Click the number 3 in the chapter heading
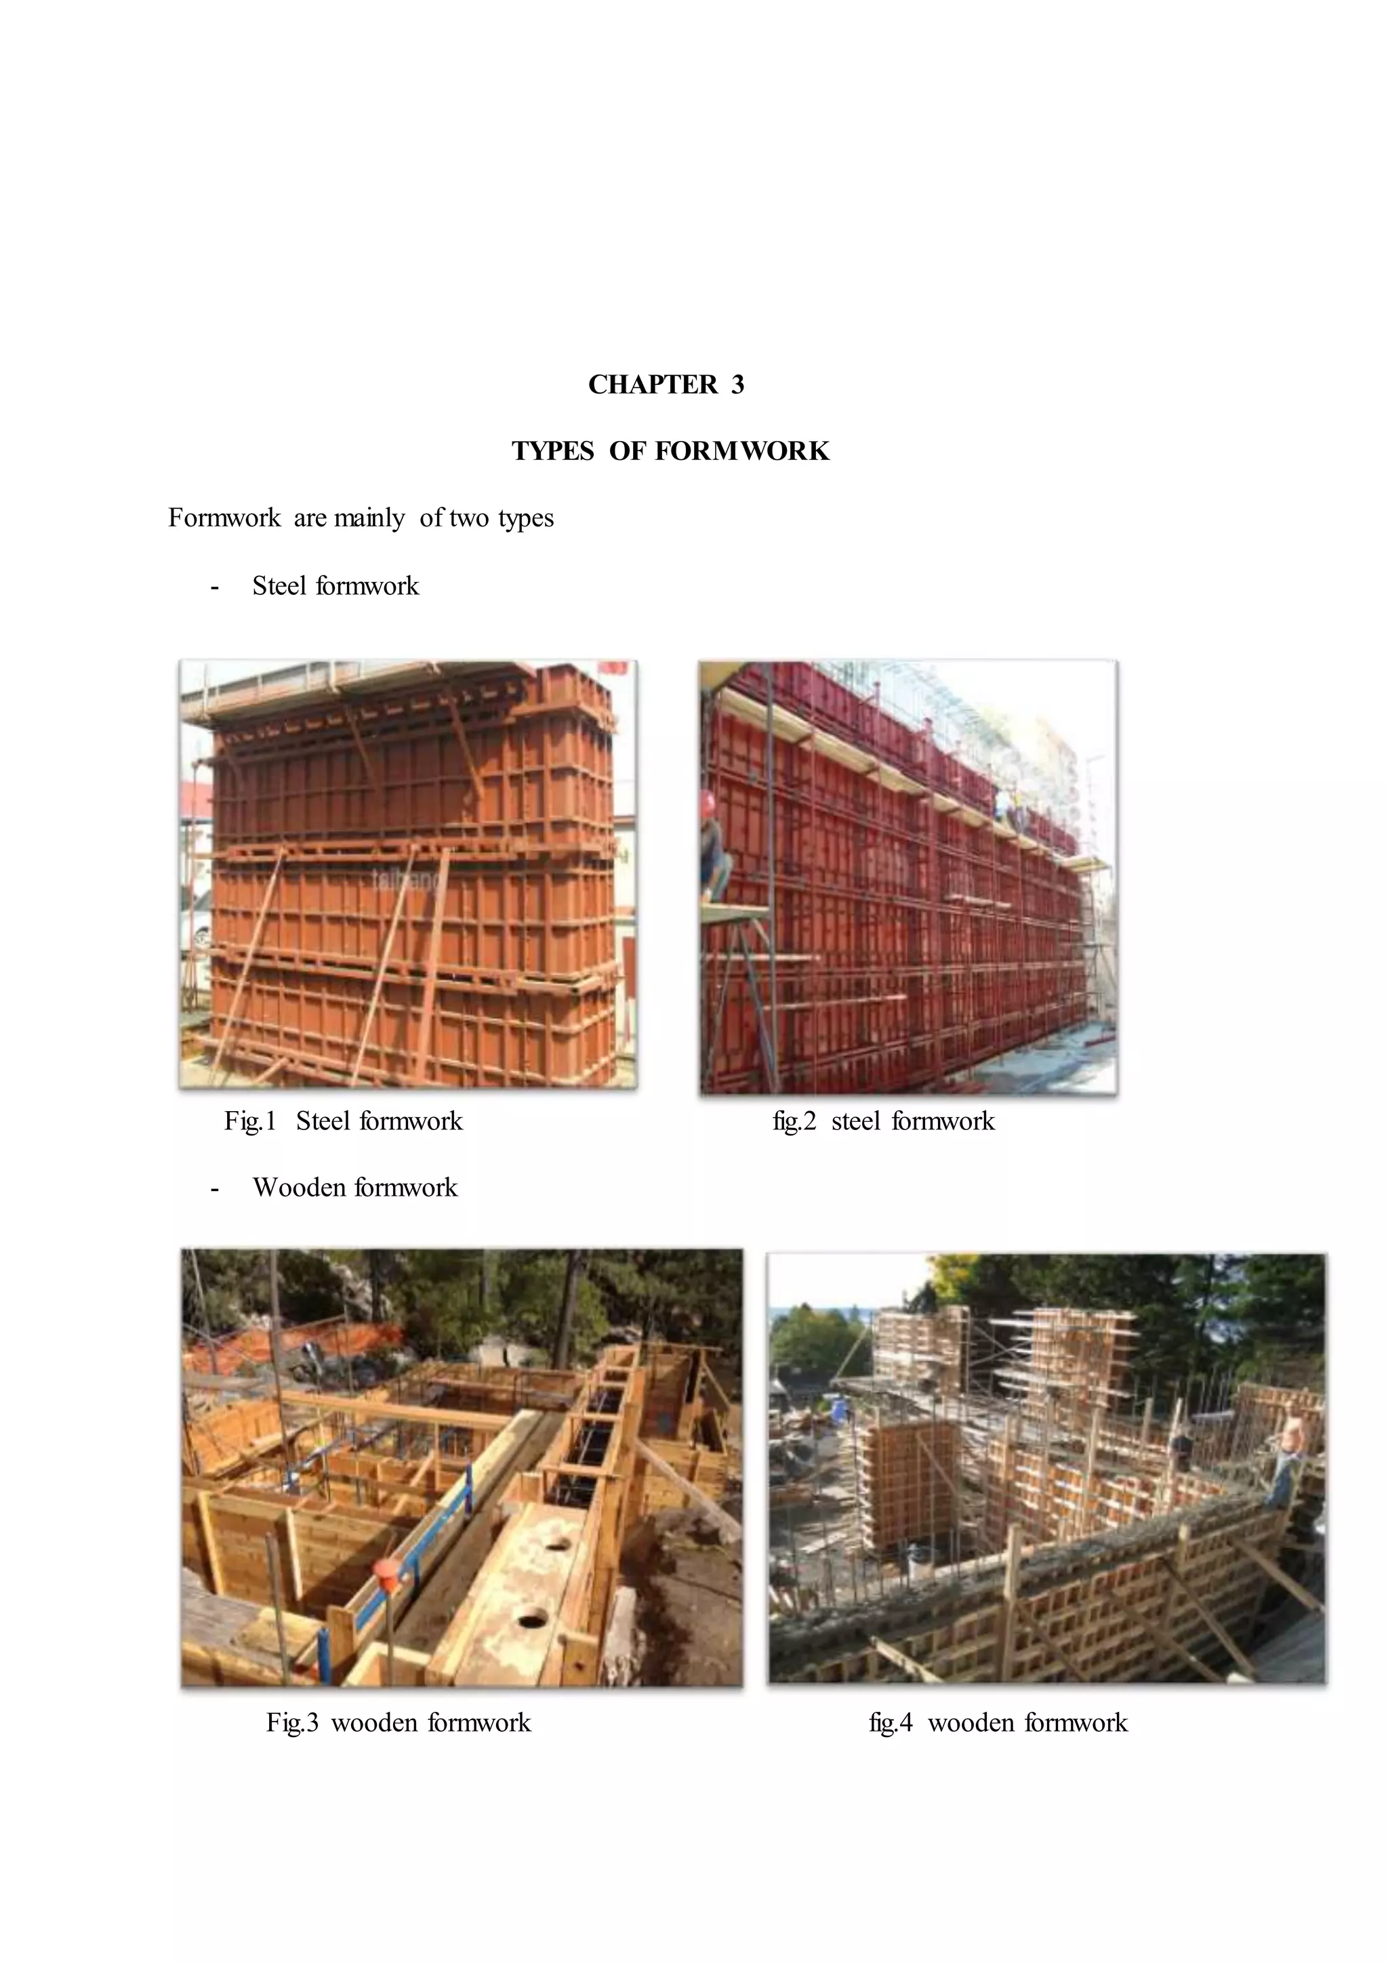[x=737, y=385]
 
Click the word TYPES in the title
[x=553, y=451]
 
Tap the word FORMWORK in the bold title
[x=742, y=451]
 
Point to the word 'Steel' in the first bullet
[x=279, y=586]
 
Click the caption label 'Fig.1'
[x=250, y=1121]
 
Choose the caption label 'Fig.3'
[x=292, y=1722]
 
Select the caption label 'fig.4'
[x=891, y=1722]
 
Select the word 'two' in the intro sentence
[x=469, y=518]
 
